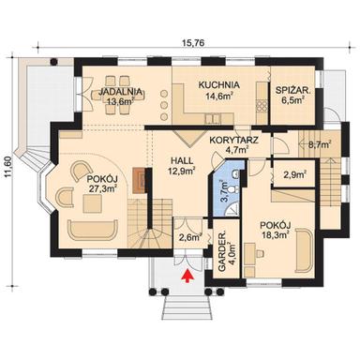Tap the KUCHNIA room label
click(x=218, y=84)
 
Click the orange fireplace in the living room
click(x=139, y=180)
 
